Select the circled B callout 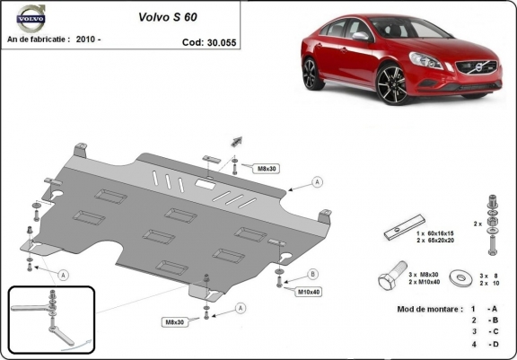click(x=313, y=274)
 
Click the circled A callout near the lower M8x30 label click(x=240, y=307)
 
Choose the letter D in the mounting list click(x=492, y=344)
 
